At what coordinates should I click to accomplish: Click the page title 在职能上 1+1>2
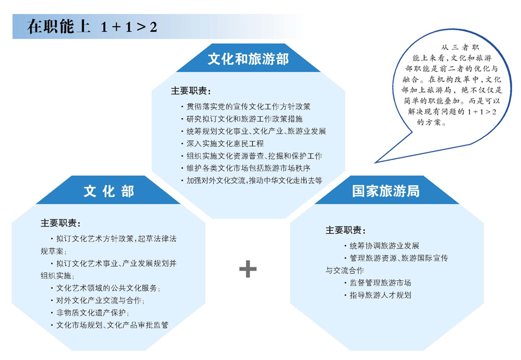point(92,27)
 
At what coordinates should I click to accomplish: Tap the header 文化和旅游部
point(248,59)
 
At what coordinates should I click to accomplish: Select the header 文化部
point(109,191)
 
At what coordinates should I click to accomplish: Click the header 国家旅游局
point(386,191)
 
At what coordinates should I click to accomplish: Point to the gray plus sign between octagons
point(248,269)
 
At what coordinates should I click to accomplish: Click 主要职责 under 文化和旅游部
point(191,91)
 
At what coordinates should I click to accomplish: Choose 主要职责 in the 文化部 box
point(61,223)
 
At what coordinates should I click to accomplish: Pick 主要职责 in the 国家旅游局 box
point(346,230)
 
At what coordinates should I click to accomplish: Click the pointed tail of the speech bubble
point(375,163)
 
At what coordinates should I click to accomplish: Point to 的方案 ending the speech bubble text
point(432,122)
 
